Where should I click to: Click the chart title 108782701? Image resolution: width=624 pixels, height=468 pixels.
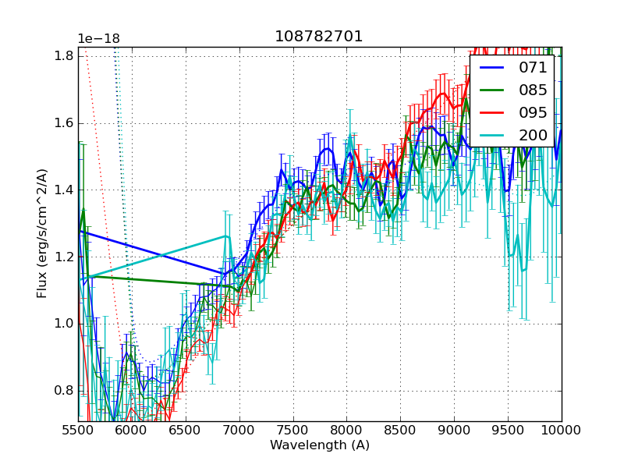(x=318, y=37)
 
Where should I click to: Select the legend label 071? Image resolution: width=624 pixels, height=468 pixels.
(x=533, y=68)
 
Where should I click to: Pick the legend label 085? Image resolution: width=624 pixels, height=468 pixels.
(x=533, y=90)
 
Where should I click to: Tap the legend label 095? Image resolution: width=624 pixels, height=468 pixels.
(x=533, y=112)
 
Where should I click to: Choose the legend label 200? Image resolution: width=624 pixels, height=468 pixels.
(x=533, y=135)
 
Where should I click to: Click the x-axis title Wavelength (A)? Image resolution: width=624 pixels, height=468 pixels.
(x=320, y=445)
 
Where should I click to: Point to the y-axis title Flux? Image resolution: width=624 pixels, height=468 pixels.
(x=43, y=234)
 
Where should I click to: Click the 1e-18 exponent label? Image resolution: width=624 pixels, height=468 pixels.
(x=98, y=39)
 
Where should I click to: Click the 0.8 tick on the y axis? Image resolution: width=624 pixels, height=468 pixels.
(x=62, y=391)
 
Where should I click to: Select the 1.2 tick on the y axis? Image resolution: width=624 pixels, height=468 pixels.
(x=62, y=257)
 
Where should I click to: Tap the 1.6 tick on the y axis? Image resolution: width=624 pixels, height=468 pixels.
(x=62, y=122)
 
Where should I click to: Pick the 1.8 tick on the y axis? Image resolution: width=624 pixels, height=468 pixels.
(x=62, y=55)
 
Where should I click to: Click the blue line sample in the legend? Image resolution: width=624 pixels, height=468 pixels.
(x=490, y=69)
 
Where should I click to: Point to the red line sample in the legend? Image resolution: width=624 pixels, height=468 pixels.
(x=490, y=113)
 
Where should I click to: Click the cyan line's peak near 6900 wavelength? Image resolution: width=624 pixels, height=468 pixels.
(x=226, y=236)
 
